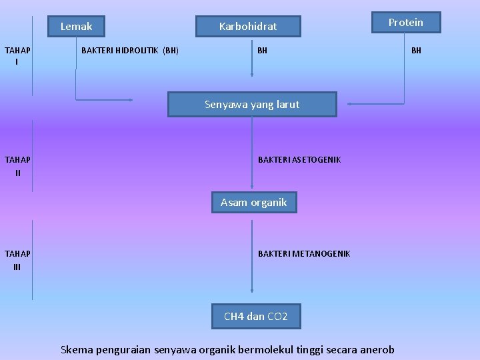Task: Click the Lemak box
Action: pyautogui.click(x=77, y=27)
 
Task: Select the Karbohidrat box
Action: pyautogui.click(x=248, y=27)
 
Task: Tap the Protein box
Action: pyautogui.click(x=405, y=23)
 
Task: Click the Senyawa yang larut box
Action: pyautogui.click(x=252, y=105)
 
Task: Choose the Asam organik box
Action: pyautogui.click(x=254, y=202)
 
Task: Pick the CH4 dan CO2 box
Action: pyautogui.click(x=256, y=316)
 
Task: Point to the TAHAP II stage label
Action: pyautogui.click(x=17, y=166)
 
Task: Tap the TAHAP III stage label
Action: pyautogui.click(x=17, y=260)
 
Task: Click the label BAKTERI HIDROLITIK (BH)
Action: pyautogui.click(x=129, y=50)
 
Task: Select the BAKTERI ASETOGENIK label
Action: pyautogui.click(x=299, y=159)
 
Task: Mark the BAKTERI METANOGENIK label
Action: pyautogui.click(x=304, y=253)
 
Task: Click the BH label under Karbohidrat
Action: pyautogui.click(x=263, y=50)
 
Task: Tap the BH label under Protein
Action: pyautogui.click(x=416, y=50)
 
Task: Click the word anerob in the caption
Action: pyautogui.click(x=377, y=349)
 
